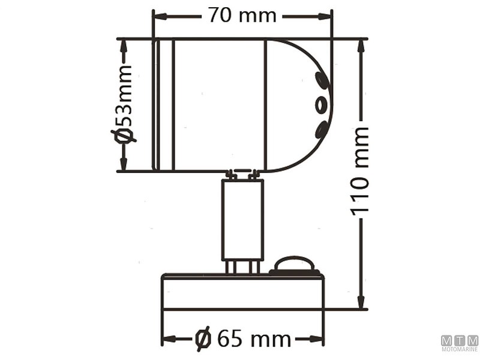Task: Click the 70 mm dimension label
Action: [x=242, y=15]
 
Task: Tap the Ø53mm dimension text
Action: [x=124, y=105]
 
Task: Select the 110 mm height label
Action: [x=360, y=171]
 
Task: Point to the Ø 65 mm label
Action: [x=243, y=339]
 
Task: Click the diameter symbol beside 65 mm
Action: [x=203, y=339]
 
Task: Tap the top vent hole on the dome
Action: [x=321, y=79]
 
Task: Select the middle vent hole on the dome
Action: [x=322, y=105]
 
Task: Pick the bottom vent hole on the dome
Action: [x=321, y=130]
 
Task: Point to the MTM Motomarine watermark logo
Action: [x=460, y=343]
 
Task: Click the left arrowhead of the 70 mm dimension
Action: [x=158, y=16]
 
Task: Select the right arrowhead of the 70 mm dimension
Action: [x=326, y=16]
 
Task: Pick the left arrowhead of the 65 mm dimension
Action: [x=168, y=340]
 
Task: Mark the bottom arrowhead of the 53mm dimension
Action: [x=124, y=166]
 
